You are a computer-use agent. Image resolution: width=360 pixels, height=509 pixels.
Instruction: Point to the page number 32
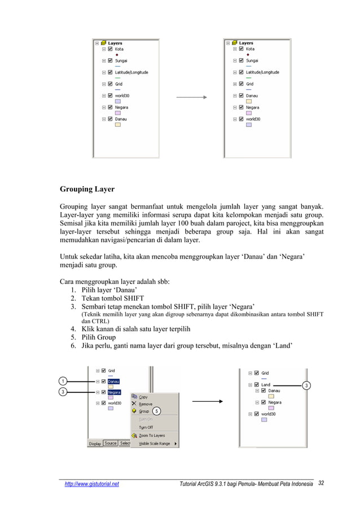point(322,484)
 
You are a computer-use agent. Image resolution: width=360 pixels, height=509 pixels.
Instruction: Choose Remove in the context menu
point(146,404)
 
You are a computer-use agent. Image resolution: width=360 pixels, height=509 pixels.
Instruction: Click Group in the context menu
point(144,411)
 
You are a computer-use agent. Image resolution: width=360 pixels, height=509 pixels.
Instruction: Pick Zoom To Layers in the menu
point(152,436)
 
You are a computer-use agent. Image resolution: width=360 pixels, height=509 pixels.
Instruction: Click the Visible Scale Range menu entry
point(154,444)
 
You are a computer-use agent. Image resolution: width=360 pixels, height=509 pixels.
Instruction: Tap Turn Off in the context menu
point(146,427)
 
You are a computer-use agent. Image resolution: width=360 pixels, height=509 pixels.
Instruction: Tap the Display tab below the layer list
point(95,444)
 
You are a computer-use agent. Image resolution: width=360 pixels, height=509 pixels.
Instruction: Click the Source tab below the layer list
point(111,444)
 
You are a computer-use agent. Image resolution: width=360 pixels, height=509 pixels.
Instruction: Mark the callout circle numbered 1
point(64,381)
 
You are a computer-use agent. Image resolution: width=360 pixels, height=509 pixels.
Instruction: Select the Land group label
point(265,385)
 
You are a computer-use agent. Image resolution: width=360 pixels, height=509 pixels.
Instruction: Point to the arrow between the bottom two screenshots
point(209,402)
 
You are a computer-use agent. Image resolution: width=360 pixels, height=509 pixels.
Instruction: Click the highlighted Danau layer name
point(113,381)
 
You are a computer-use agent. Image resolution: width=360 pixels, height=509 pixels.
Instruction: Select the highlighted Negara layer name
point(115,392)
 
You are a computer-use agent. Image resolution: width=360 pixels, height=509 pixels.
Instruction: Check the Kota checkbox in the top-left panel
point(110,49)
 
